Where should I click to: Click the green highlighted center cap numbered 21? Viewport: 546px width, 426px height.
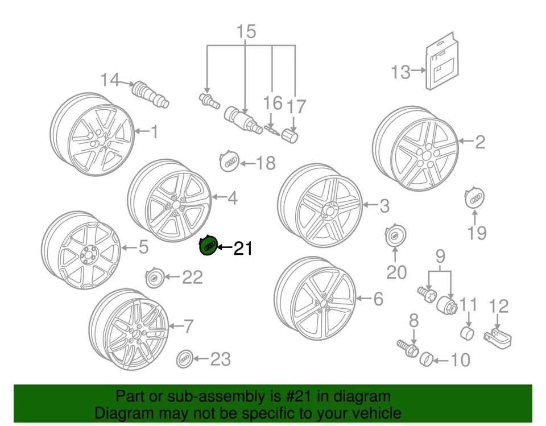[208, 246]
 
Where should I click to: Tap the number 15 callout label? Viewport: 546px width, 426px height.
[247, 32]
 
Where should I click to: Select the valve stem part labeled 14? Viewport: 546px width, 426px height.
[148, 94]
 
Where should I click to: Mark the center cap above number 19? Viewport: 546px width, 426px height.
[475, 200]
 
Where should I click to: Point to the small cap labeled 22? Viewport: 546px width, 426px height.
[155, 278]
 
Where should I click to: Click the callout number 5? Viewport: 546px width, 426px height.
[143, 247]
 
